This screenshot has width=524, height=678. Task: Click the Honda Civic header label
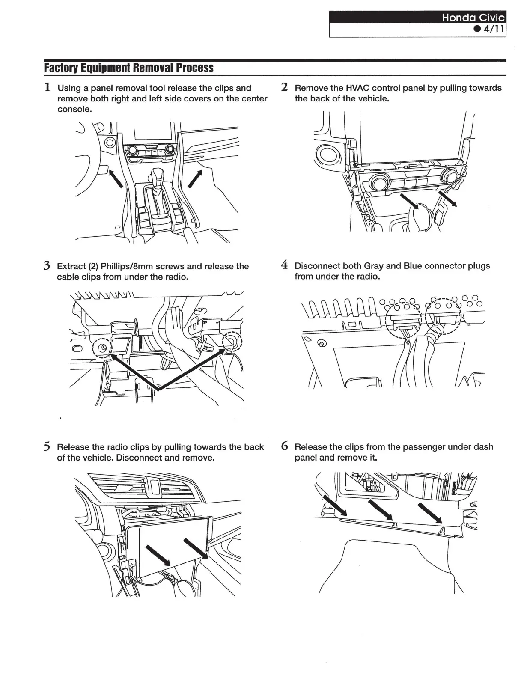point(473,18)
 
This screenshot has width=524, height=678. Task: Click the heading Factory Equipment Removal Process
point(128,68)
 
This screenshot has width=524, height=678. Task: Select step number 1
point(48,87)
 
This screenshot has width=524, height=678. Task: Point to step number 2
point(284,87)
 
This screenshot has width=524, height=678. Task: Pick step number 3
point(48,266)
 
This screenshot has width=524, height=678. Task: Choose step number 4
point(284,265)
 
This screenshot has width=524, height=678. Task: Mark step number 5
point(48,447)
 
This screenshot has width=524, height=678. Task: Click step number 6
point(284,446)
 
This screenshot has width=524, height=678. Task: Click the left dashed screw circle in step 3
point(103,347)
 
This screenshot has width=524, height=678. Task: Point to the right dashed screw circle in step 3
point(232,342)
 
